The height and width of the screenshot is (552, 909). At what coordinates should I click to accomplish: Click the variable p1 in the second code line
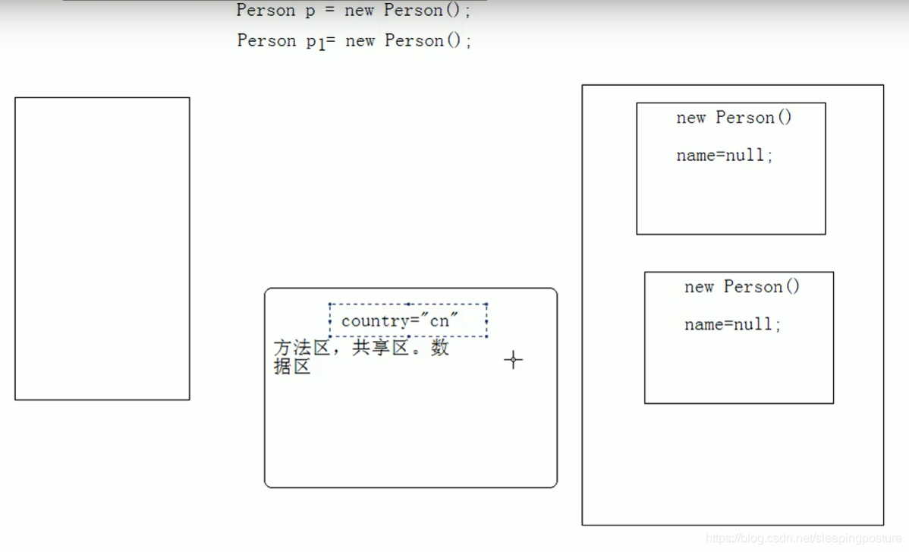(x=315, y=42)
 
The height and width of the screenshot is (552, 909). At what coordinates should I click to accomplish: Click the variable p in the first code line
(x=310, y=11)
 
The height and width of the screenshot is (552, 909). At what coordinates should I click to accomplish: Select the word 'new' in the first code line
(x=360, y=11)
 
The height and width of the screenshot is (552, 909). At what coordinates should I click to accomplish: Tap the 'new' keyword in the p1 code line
(x=360, y=41)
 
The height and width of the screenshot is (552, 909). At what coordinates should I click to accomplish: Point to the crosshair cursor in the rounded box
(x=514, y=360)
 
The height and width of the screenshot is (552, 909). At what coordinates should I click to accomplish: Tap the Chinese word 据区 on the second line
(x=292, y=367)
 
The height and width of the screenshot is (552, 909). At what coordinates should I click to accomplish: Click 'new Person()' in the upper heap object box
(x=734, y=118)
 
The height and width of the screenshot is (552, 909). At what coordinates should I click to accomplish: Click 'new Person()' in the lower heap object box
(x=741, y=287)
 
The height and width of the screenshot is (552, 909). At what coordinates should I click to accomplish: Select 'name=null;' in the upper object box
(x=725, y=156)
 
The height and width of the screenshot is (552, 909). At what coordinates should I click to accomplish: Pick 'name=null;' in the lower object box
(x=732, y=325)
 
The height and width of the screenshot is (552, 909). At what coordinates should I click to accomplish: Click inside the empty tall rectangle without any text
(x=102, y=248)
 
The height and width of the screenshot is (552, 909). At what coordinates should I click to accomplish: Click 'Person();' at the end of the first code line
(x=427, y=11)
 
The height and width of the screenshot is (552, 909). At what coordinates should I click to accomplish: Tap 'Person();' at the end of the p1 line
(x=428, y=41)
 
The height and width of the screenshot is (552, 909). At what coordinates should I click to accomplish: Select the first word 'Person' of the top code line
(x=266, y=11)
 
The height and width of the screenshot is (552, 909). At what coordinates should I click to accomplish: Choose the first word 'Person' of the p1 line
(x=266, y=41)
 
